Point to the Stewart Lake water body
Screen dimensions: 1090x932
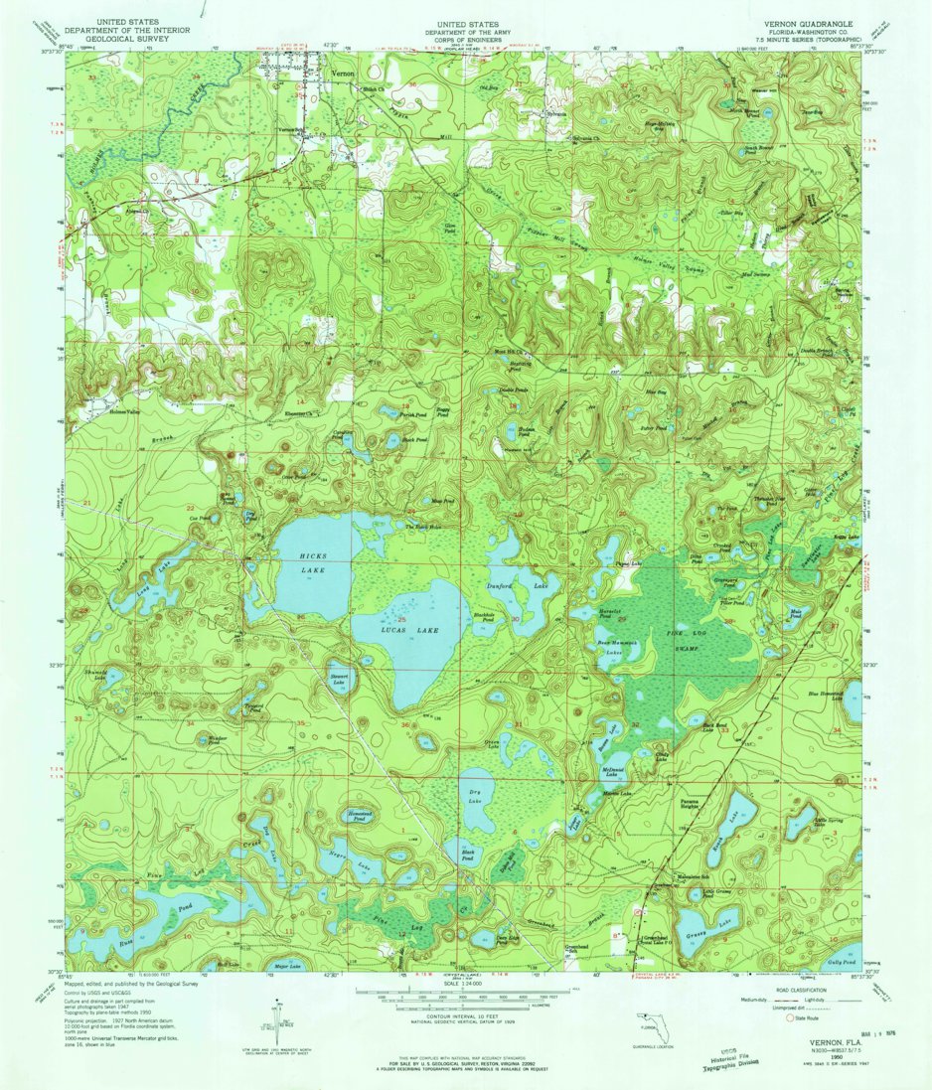339,679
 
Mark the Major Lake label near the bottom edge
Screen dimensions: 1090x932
275,963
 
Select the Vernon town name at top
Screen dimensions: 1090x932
343,76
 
